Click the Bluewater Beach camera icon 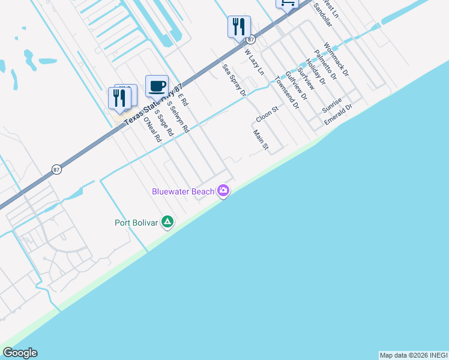click(x=223, y=191)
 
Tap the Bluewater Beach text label click(x=182, y=191)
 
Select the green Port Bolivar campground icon click(x=167, y=223)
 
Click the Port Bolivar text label click(x=136, y=223)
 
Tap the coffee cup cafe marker click(x=157, y=86)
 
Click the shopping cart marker click(x=287, y=4)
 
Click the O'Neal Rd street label click(x=152, y=130)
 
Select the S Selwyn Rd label click(x=178, y=117)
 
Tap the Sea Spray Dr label click(x=234, y=80)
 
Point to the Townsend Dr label click(x=287, y=92)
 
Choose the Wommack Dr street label click(x=336, y=59)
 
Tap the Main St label click(x=260, y=140)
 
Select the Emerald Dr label click(x=338, y=113)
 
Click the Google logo click(x=20, y=353)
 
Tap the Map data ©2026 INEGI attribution click(x=414, y=355)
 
